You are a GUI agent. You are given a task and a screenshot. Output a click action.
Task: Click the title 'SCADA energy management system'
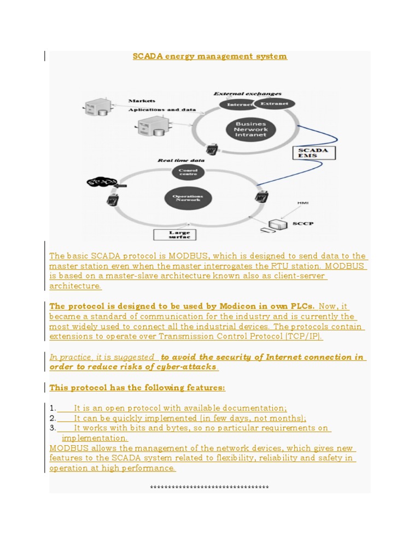click(210, 56)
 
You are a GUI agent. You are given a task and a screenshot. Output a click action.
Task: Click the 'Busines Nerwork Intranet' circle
click(250, 130)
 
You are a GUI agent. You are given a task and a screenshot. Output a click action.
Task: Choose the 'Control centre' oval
click(188, 173)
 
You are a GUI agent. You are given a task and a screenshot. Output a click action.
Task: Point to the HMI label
click(302, 203)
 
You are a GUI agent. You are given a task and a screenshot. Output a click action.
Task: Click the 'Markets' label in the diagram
click(142, 101)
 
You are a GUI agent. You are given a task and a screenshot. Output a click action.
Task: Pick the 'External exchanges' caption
click(247, 94)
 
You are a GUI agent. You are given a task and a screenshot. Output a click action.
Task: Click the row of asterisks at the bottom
click(209, 487)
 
